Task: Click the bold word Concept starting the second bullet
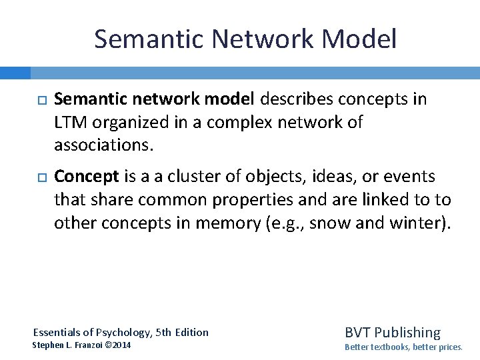click(x=86, y=177)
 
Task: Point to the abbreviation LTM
click(x=70, y=122)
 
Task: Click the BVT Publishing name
click(x=392, y=332)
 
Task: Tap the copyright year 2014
click(x=121, y=345)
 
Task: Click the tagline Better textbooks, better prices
click(x=403, y=347)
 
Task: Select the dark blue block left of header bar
click(x=15, y=73)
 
